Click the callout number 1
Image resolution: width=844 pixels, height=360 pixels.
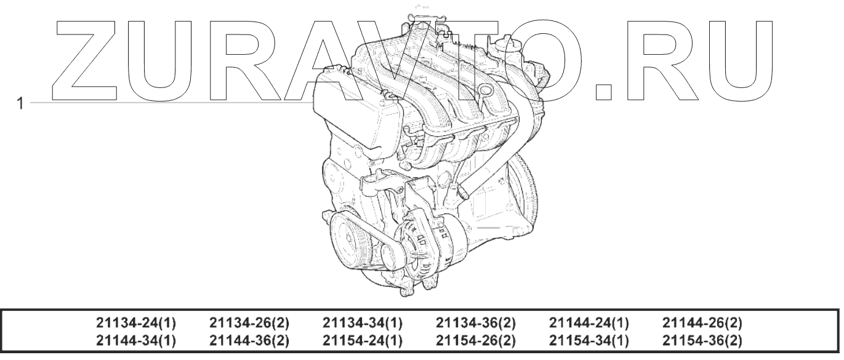(x=20, y=103)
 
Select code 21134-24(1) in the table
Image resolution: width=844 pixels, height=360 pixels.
(x=136, y=322)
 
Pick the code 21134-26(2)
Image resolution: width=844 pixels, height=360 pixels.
(x=249, y=322)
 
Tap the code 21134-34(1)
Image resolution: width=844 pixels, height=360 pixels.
(x=363, y=322)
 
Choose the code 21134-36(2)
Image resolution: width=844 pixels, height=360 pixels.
(x=476, y=322)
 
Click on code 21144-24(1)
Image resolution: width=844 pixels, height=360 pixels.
(x=589, y=322)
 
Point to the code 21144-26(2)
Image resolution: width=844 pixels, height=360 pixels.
(x=702, y=322)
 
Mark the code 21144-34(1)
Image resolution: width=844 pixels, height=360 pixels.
(x=136, y=340)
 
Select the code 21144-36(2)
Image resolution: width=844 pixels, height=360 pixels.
(x=249, y=340)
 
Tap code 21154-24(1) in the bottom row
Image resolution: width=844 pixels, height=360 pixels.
(x=363, y=340)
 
